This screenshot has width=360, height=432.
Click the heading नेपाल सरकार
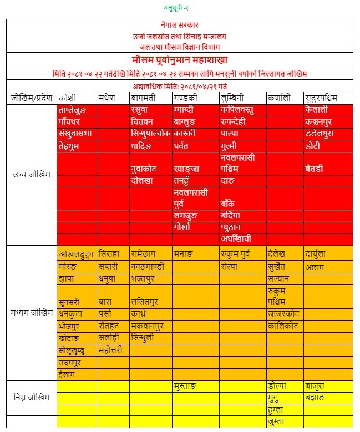point(180,25)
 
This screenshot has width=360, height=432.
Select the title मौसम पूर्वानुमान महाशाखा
point(180,59)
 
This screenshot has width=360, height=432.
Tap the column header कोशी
point(67,98)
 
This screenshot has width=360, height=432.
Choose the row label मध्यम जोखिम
point(32,311)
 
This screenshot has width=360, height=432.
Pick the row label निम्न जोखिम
point(32,397)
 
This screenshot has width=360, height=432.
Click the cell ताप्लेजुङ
point(78,110)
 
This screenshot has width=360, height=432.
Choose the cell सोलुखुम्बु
point(77,350)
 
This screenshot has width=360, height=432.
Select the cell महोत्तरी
point(114,350)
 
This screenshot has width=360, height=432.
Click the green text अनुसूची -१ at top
point(180,7)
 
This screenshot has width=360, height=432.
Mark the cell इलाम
point(68,374)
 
